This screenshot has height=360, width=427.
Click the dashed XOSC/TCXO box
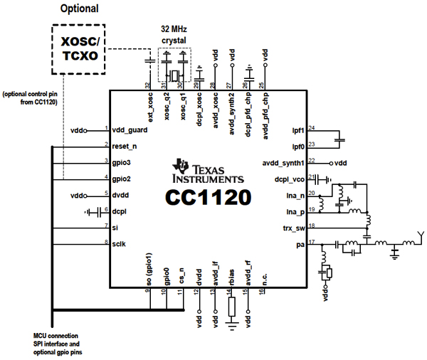(x=79, y=48)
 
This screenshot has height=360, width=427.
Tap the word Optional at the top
(x=80, y=9)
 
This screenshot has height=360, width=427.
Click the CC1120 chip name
(x=209, y=196)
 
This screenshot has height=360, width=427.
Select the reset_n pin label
(x=125, y=146)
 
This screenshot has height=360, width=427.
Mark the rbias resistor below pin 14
(x=231, y=307)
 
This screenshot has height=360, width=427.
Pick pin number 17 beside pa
(x=312, y=241)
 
